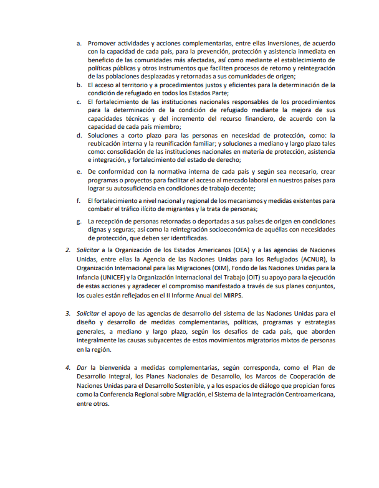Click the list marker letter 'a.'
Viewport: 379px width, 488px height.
pyautogui.click(x=79, y=43)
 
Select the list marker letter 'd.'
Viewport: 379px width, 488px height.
pyautogui.click(x=79, y=135)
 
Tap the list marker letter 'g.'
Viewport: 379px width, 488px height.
pyautogui.click(x=79, y=222)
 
